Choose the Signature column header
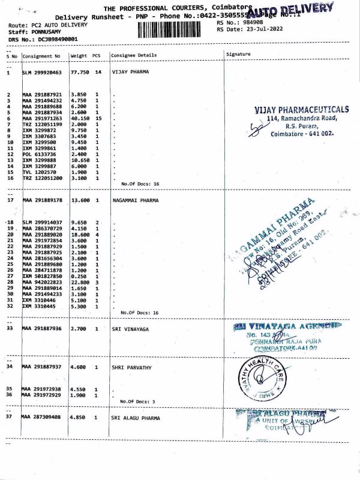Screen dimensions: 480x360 pyautogui.click(x=239, y=55)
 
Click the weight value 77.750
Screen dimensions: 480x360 pyautogui.click(x=80, y=72)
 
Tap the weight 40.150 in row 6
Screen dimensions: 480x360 pyautogui.click(x=80, y=119)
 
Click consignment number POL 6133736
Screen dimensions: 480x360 pyautogui.click(x=42, y=154)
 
